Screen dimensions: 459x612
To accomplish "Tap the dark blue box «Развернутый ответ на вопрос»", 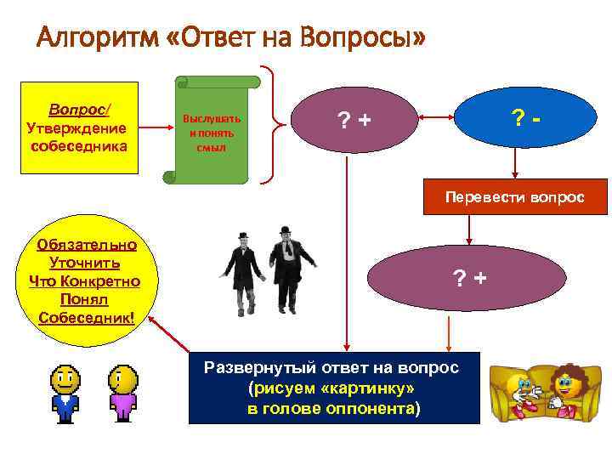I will coord(334,388).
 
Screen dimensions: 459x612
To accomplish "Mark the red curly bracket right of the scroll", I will coord(270,125).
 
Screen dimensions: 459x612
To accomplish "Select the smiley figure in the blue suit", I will coord(64,393).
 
